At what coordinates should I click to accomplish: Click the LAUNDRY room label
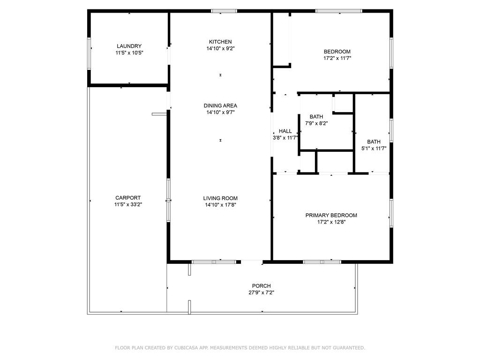tap(129, 46)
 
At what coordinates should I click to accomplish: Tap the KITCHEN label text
tap(220, 42)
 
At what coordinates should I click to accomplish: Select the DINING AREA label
tap(220, 105)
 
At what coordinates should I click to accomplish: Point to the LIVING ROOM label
tap(220, 198)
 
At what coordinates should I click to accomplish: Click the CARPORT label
tap(128, 198)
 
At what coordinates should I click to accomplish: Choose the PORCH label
tap(261, 286)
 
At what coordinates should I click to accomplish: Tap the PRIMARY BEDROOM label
tap(331, 215)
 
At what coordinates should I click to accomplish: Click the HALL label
tap(285, 131)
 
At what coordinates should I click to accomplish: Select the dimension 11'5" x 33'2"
tap(128, 204)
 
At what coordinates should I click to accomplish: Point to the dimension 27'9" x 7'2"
tap(261, 292)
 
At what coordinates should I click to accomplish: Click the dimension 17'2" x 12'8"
tap(331, 222)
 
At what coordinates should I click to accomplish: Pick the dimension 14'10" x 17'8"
tap(220, 205)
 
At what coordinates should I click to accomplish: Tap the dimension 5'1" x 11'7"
tap(374, 149)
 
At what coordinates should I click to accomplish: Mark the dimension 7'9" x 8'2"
tap(316, 123)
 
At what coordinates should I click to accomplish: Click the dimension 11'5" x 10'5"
tap(129, 53)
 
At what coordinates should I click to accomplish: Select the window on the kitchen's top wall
tap(224, 11)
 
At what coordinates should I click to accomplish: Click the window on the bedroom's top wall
tap(338, 11)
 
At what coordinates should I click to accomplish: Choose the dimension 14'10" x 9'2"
tap(220, 48)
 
